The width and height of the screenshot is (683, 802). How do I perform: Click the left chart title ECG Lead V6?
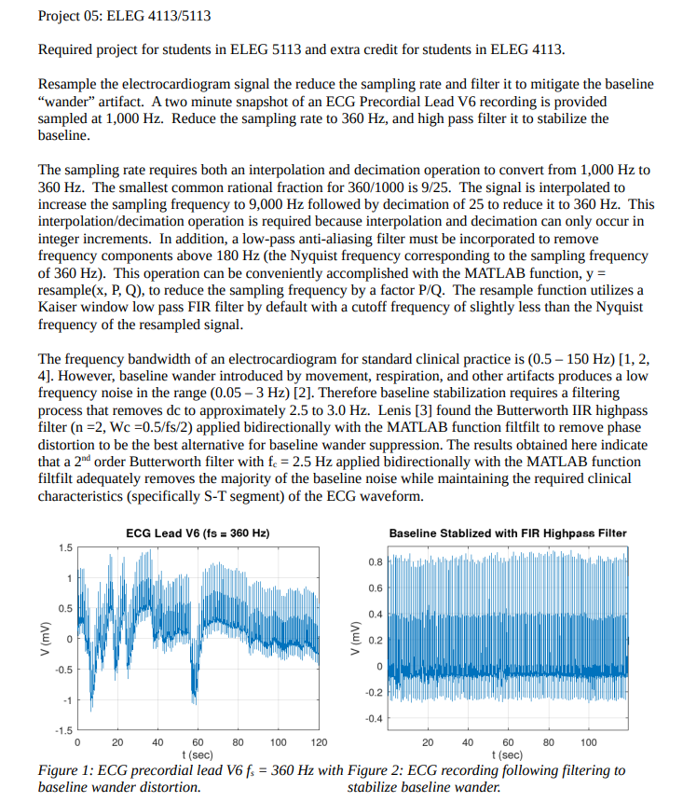[197, 532]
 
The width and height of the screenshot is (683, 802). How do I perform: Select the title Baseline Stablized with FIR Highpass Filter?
[507, 533]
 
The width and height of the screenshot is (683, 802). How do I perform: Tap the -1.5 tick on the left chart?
[61, 730]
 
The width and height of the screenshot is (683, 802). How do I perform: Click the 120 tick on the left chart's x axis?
[319, 743]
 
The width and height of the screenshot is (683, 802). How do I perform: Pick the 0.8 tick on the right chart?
[374, 562]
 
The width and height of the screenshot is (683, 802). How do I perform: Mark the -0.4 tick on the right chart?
[371, 718]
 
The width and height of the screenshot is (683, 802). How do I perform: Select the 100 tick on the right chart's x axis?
[589, 743]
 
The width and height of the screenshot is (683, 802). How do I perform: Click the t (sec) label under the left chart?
[198, 754]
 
